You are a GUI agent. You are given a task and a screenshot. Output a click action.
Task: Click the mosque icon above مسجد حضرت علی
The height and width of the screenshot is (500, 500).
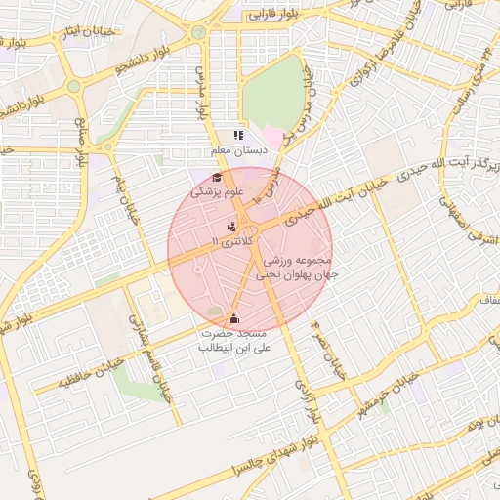[233, 318]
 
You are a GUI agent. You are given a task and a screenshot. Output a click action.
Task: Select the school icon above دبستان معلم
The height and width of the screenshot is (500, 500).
[237, 136]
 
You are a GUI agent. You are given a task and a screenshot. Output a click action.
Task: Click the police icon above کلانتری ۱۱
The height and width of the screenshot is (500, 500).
[229, 227]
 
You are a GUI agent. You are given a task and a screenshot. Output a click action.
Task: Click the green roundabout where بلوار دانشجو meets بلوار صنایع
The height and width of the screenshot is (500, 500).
[73, 88]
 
